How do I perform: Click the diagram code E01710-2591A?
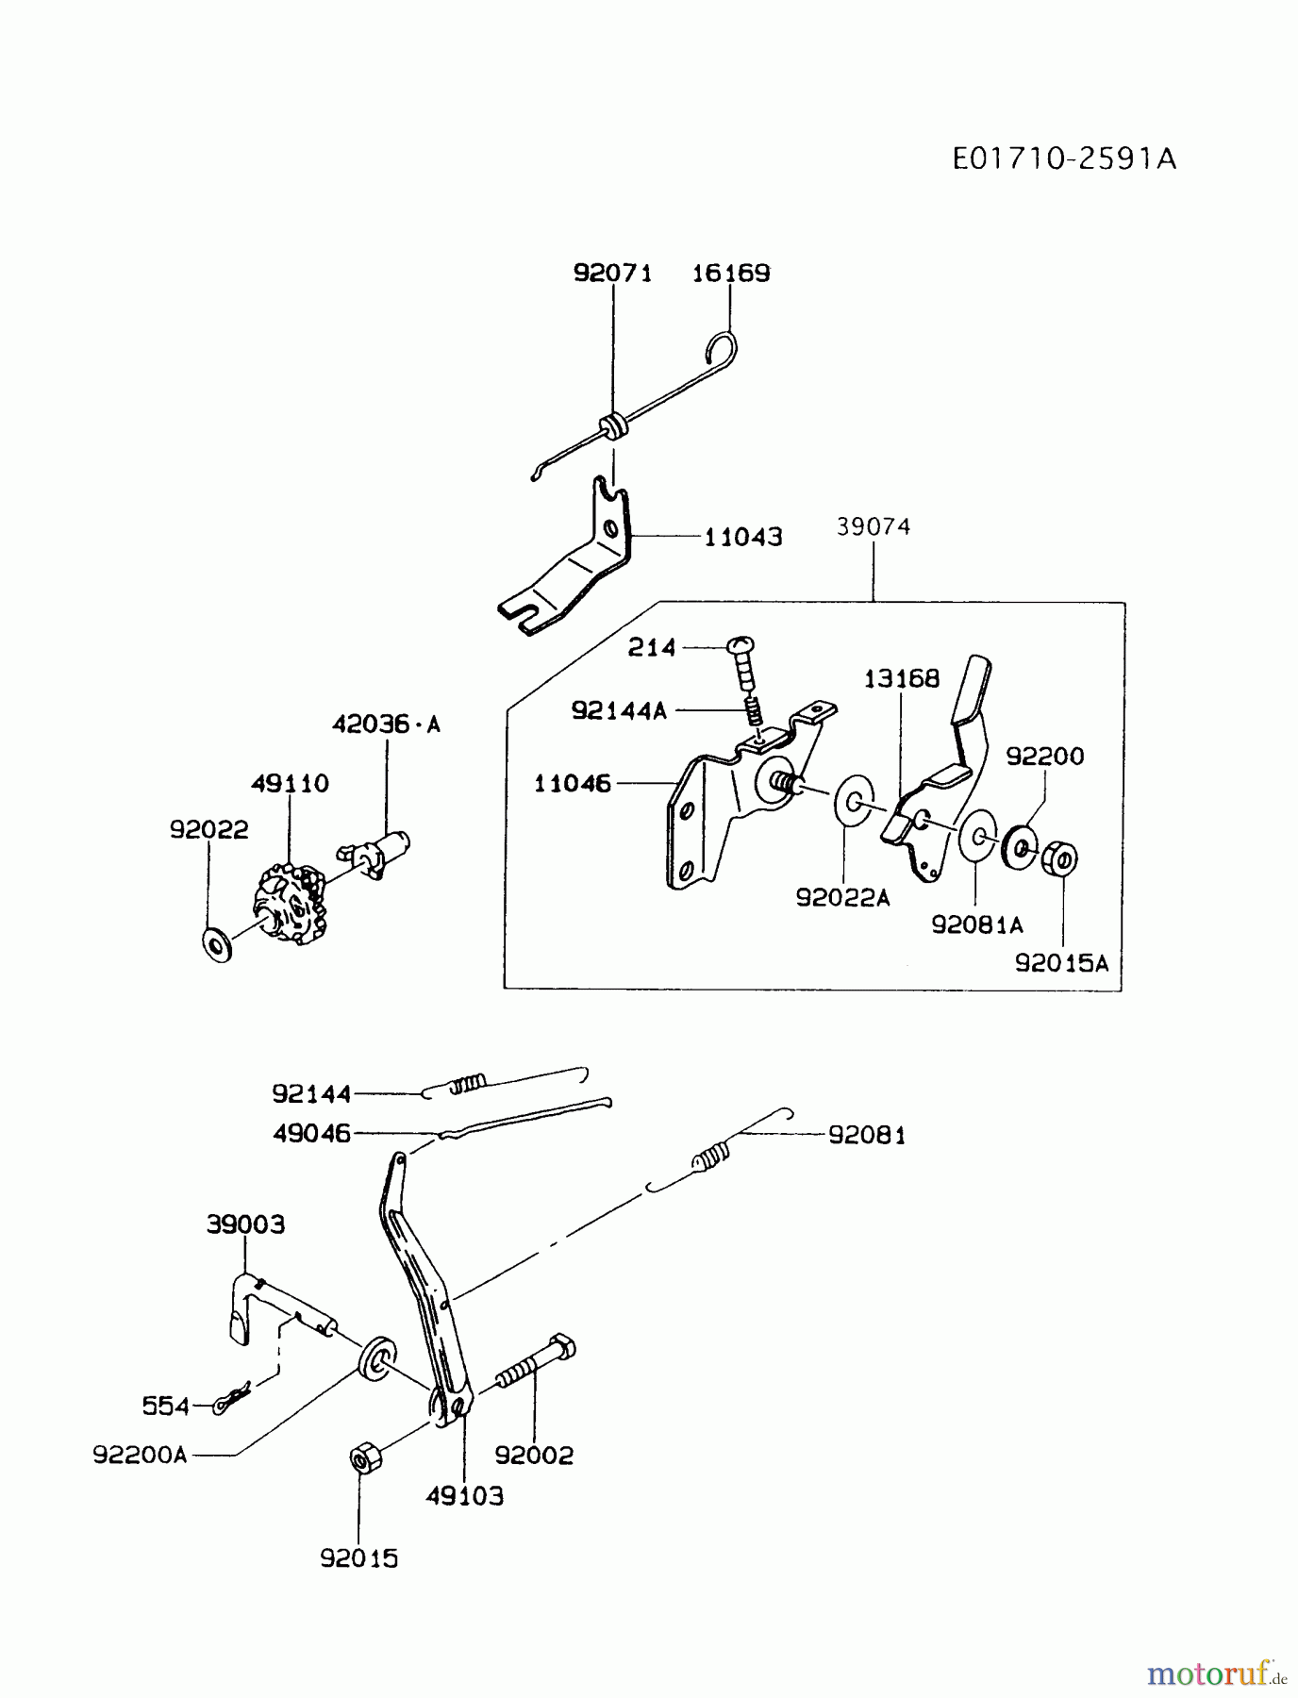click(x=1064, y=158)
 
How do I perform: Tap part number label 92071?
click(x=612, y=274)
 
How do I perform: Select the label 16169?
click(x=731, y=274)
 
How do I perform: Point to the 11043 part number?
click(x=743, y=537)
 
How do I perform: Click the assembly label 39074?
click(x=874, y=526)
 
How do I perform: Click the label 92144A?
click(x=619, y=710)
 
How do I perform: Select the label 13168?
click(x=902, y=678)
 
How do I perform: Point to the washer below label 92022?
click(x=218, y=943)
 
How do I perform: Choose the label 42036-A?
click(x=386, y=724)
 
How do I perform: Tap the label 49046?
click(x=311, y=1133)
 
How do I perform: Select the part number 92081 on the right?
click(x=867, y=1135)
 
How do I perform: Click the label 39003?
click(x=245, y=1224)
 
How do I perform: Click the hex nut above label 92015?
click(x=363, y=1459)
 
